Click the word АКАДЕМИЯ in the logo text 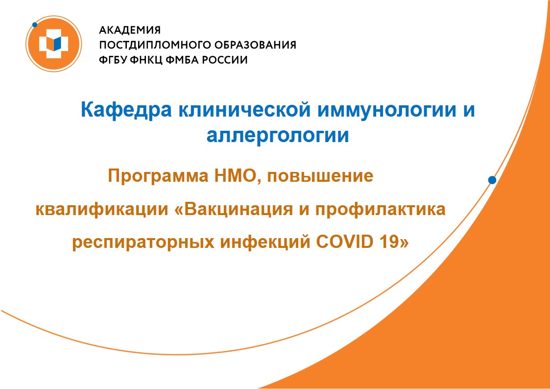pyautogui.click(x=130, y=30)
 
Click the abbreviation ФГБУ pyautogui.click(x=113, y=60)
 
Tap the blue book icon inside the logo pyautogui.click(x=54, y=44)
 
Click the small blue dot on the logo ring pyautogui.click(x=34, y=25)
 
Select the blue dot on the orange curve pyautogui.click(x=492, y=180)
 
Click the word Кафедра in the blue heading pyautogui.click(x=126, y=110)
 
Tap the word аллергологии pyautogui.click(x=278, y=135)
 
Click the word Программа pyautogui.click(x=158, y=176)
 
